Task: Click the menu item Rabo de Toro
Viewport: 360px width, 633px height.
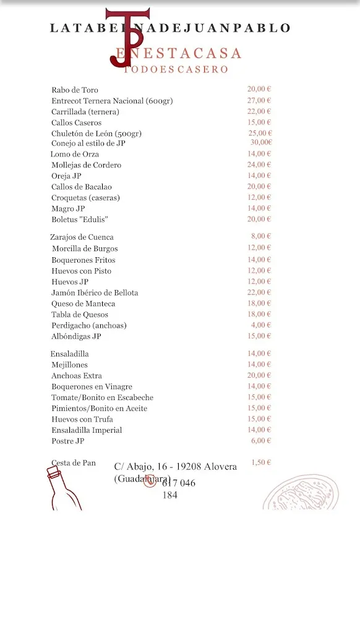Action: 75,90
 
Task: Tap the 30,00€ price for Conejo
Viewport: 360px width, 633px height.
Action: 261,143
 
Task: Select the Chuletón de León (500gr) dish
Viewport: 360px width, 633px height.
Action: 96,134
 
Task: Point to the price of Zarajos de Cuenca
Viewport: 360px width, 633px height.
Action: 261,236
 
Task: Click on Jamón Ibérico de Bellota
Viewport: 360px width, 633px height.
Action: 95,293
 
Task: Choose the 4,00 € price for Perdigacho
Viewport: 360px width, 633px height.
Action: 261,325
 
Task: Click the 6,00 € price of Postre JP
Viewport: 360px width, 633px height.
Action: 261,441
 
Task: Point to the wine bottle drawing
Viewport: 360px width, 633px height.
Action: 62,488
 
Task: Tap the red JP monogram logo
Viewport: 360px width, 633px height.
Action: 127,37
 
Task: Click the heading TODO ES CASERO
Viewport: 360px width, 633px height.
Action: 176,70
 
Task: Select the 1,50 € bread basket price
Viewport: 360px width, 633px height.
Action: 261,462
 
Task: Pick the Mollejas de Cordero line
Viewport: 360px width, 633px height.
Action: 86,166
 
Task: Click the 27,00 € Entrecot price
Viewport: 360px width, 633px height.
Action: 259,100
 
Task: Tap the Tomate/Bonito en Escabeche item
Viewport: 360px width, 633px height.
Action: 102,398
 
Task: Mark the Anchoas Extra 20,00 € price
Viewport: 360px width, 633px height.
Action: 259,375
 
